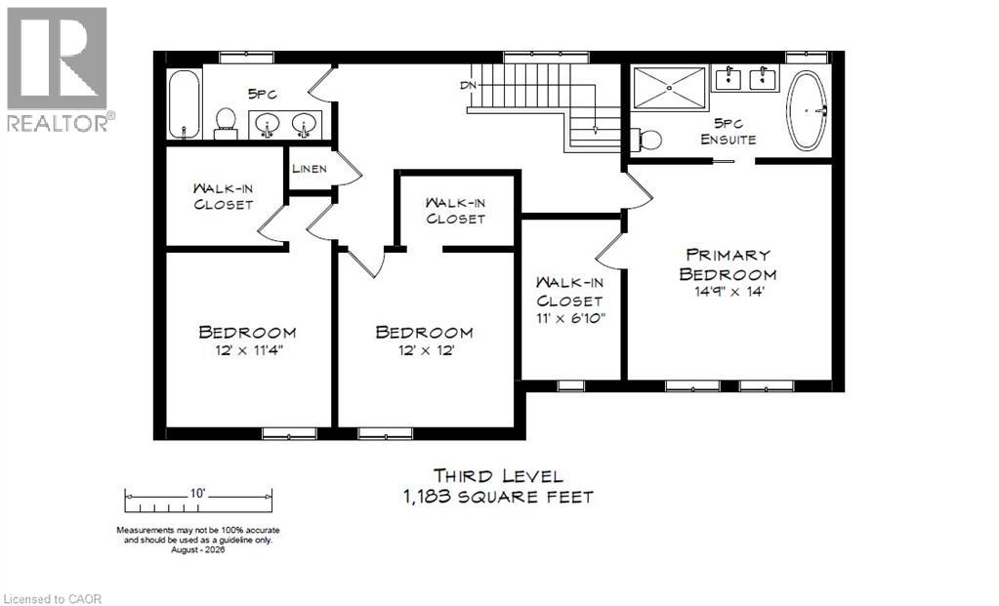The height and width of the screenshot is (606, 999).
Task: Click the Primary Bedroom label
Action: pyautogui.click(x=728, y=264)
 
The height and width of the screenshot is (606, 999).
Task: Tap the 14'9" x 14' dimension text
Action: pyautogui.click(x=728, y=292)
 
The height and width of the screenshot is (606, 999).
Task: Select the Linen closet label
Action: pyautogui.click(x=310, y=169)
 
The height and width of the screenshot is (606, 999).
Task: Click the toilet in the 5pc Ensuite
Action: pyautogui.click(x=646, y=140)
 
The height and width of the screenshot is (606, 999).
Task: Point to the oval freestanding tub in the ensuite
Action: pyautogui.click(x=807, y=111)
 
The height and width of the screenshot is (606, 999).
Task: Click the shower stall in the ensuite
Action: pyautogui.click(x=669, y=87)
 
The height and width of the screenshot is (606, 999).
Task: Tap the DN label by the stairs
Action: pyautogui.click(x=468, y=85)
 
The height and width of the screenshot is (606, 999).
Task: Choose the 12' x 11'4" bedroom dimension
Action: pyautogui.click(x=248, y=350)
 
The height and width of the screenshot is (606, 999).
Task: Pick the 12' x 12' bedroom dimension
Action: pyautogui.click(x=426, y=350)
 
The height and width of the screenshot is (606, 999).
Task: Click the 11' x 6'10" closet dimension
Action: pyautogui.click(x=569, y=316)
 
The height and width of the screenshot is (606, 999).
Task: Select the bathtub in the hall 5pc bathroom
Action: pyautogui.click(x=185, y=103)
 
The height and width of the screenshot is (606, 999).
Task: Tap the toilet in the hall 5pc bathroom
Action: pyautogui.click(x=226, y=123)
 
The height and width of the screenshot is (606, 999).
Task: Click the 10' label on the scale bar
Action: pyautogui.click(x=197, y=493)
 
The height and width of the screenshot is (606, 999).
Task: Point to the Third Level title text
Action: pyautogui.click(x=498, y=475)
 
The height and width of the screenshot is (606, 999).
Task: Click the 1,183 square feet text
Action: pyautogui.click(x=498, y=497)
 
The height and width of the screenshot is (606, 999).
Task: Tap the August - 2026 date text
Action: pyautogui.click(x=198, y=549)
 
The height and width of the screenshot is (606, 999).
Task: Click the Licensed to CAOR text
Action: pyautogui.click(x=51, y=599)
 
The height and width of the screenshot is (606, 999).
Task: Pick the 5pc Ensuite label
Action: pyautogui.click(x=728, y=131)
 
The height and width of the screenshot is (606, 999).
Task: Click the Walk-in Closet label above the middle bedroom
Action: pyautogui.click(x=455, y=211)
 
